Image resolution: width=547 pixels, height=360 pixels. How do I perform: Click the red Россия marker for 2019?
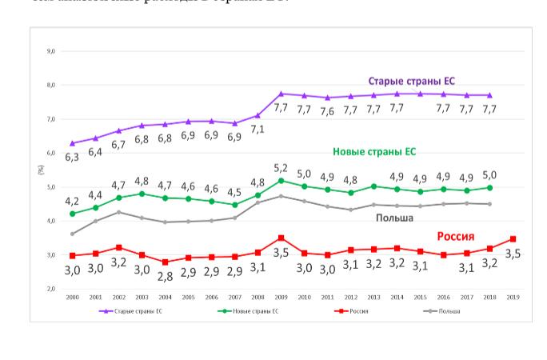coord(513,238)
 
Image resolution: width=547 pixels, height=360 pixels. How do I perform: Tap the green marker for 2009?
coord(281,180)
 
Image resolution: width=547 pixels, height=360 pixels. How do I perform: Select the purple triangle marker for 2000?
coord(72,143)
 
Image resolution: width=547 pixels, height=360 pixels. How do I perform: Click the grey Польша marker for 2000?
coord(72,234)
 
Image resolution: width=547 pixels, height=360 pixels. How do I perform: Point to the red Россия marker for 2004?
coord(165,262)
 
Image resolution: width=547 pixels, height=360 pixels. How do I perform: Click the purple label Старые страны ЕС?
coord(411,82)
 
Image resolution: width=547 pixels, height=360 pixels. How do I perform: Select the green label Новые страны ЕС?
coord(374,152)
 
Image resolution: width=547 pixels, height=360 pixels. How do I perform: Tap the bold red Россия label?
coord(455,236)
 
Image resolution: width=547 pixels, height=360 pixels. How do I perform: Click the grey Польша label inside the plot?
coord(394,218)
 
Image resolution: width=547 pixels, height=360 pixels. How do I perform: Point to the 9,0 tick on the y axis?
coord(51,51)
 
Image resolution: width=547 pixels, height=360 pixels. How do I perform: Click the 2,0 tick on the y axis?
coord(51,289)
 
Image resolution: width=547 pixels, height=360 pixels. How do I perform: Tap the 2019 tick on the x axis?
coord(513,297)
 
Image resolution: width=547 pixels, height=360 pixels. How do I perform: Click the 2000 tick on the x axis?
coord(72,297)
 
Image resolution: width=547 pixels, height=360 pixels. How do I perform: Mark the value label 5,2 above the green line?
coord(281,168)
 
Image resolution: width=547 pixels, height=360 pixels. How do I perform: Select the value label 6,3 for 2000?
coord(72,157)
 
